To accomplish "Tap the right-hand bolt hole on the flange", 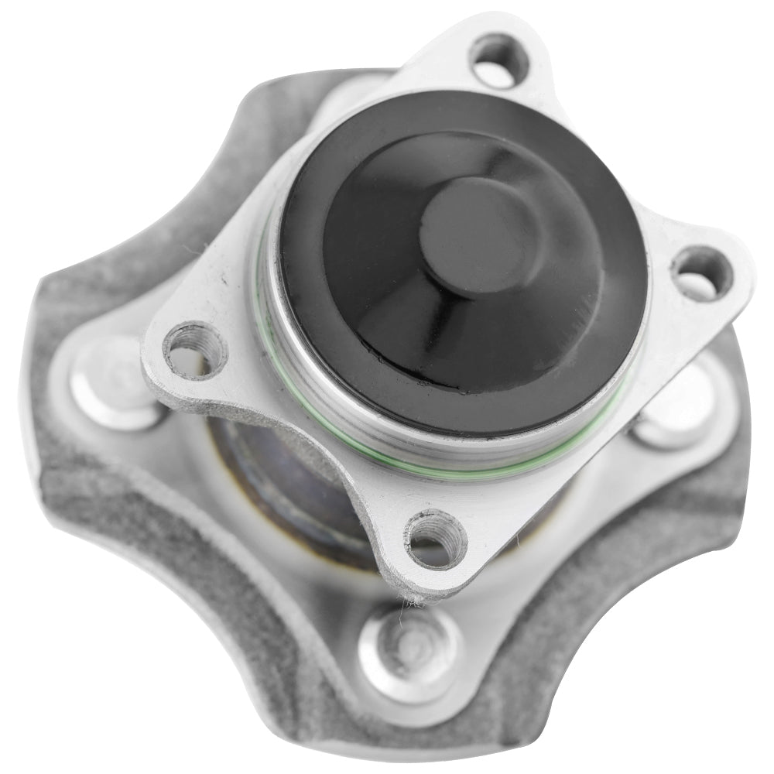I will [x=701, y=274].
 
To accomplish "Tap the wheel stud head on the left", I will [x=115, y=383].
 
